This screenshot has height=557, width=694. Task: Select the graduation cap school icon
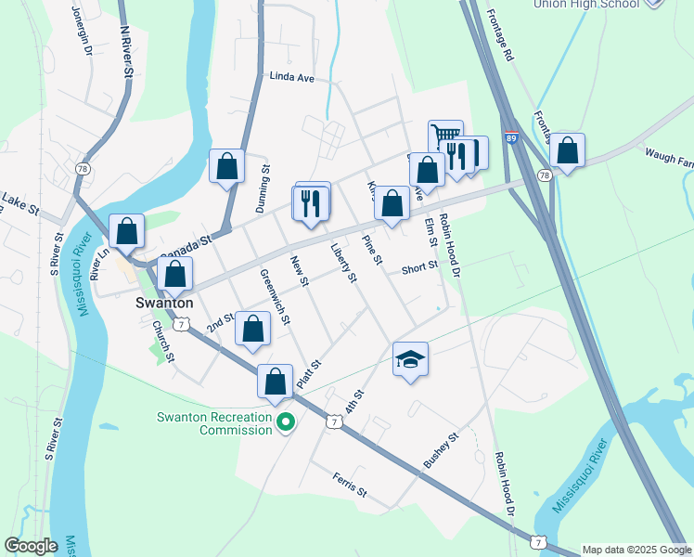(x=410, y=359)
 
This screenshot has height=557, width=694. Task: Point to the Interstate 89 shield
(x=511, y=138)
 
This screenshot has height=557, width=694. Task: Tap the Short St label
(x=419, y=268)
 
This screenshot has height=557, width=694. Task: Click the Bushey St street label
(x=442, y=449)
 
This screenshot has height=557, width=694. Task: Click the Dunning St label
(x=263, y=185)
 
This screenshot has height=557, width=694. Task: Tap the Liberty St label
(x=343, y=264)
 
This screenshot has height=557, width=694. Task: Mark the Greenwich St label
(x=276, y=297)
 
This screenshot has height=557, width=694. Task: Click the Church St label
(x=163, y=342)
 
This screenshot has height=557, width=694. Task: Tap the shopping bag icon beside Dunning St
(x=227, y=167)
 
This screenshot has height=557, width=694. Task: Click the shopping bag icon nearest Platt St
(x=276, y=381)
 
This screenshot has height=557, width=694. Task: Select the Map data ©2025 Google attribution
(x=636, y=550)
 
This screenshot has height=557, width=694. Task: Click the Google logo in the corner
(x=31, y=546)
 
